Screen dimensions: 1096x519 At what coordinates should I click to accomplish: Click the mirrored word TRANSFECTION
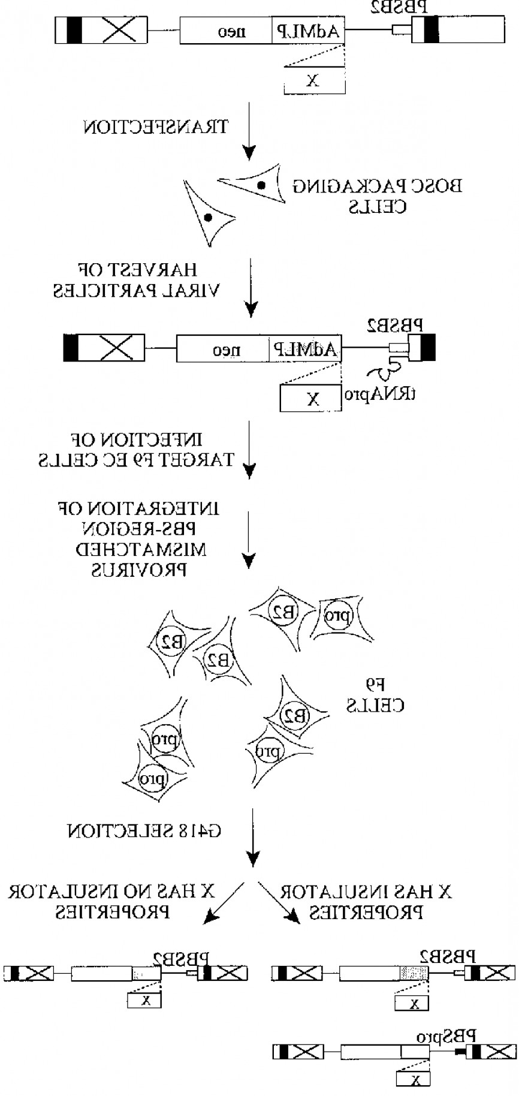pyautogui.click(x=154, y=127)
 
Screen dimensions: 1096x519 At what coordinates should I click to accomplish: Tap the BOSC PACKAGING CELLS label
pyautogui.click(x=378, y=197)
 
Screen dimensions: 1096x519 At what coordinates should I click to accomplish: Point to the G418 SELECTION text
pyautogui.click(x=144, y=832)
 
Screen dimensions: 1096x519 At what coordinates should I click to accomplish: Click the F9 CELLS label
pyautogui.click(x=376, y=695)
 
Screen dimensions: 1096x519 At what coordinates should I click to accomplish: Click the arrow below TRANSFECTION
pyautogui.click(x=251, y=132)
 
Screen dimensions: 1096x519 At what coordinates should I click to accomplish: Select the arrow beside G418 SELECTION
pyautogui.click(x=253, y=836)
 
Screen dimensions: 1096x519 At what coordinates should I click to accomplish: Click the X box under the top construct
pyautogui.click(x=314, y=80)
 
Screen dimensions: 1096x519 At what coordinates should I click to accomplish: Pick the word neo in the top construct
pyautogui.click(x=228, y=31)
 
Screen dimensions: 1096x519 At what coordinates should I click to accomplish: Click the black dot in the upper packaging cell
pyautogui.click(x=261, y=185)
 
